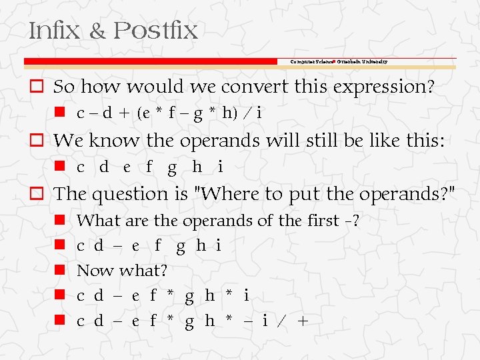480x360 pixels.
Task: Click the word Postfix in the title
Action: coord(155,31)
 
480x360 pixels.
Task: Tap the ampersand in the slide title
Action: coord(97,31)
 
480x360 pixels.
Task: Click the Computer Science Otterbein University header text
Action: coord(339,61)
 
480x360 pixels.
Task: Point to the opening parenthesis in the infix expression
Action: coord(140,113)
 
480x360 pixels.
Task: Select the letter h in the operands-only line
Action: coord(197,167)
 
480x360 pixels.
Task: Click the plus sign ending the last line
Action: coord(303,321)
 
